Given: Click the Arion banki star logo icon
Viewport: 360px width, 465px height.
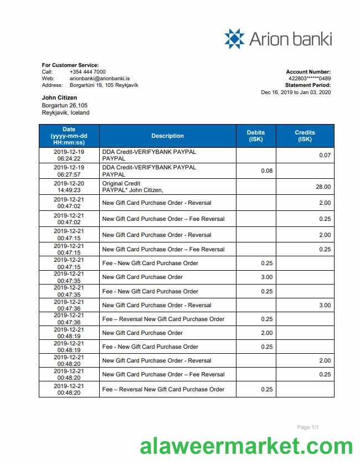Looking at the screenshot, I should (234, 39).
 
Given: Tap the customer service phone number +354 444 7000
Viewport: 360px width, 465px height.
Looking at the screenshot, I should (88, 72).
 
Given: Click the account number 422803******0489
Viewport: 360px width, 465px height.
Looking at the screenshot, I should (310, 79).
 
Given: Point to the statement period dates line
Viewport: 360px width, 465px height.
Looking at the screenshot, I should (296, 92).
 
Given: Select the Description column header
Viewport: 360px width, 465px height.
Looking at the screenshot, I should (167, 136).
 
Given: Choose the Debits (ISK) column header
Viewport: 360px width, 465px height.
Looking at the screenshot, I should (256, 136).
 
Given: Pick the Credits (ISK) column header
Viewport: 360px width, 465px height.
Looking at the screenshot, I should (305, 136).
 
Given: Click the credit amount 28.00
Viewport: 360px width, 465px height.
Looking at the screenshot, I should (323, 187).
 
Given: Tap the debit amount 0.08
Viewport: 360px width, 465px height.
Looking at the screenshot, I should (266, 171).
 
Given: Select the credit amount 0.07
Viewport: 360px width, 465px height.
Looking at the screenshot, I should (325, 156).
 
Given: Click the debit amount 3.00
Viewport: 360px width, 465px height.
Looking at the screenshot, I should (266, 277).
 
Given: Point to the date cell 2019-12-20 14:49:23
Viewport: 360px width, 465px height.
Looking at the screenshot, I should (69, 187).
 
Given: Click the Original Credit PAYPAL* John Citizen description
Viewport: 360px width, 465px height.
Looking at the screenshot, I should (133, 187).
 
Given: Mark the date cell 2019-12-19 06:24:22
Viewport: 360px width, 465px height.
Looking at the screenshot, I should (69, 155).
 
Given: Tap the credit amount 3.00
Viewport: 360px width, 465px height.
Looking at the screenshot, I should (325, 306).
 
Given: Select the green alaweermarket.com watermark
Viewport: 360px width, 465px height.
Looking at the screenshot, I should (246, 446).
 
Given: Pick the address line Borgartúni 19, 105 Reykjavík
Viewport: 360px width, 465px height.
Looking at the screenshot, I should (104, 85).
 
